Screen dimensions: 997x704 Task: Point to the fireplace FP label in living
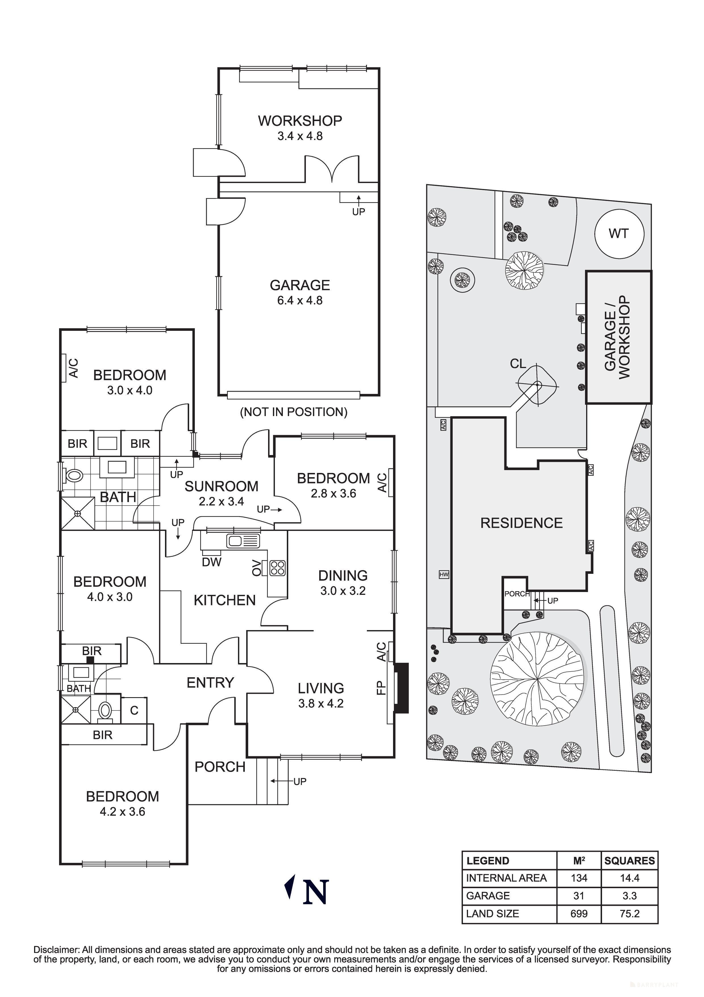(x=381, y=688)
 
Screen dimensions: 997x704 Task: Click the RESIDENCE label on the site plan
(x=521, y=523)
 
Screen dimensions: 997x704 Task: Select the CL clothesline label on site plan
(x=518, y=364)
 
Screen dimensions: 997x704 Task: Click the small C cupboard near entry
(x=134, y=711)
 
